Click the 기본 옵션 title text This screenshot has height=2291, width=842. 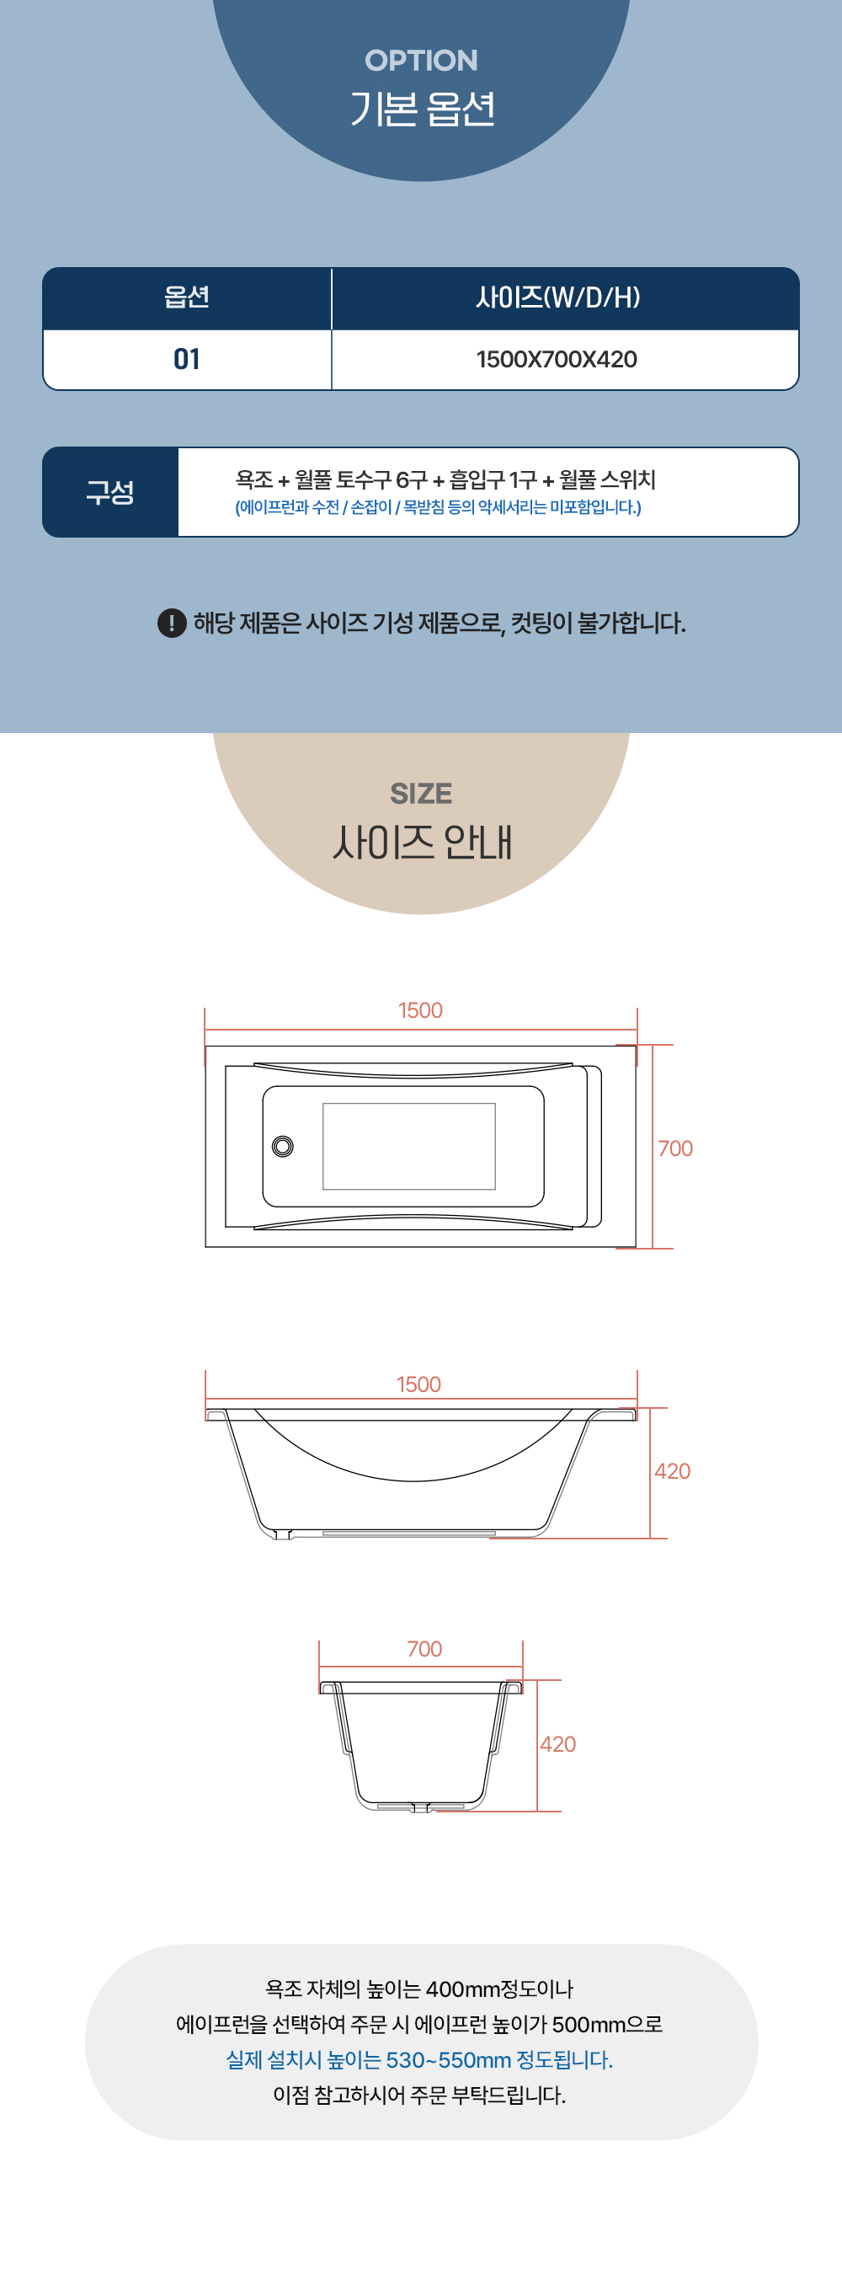coord(422,109)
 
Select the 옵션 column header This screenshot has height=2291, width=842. coord(187,297)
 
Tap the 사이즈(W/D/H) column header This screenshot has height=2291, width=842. coord(557,297)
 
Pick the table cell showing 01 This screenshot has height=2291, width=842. coord(187,359)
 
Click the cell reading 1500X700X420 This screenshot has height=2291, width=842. coord(557,359)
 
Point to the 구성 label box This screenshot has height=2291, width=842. coord(110,492)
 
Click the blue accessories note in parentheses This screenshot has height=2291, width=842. coord(438,507)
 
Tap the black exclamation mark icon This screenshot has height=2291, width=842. coord(172,623)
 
